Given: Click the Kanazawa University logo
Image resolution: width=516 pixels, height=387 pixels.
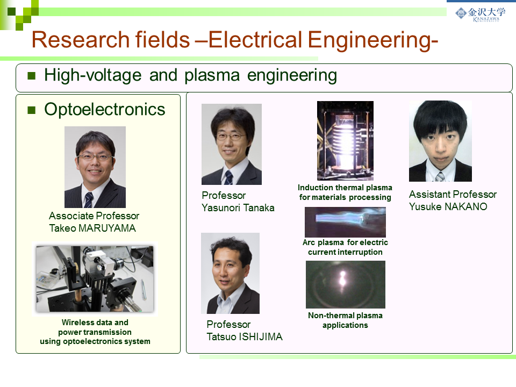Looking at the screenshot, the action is pyautogui.click(x=480, y=14).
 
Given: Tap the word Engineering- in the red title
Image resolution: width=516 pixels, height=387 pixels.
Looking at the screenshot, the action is pyautogui.click(x=372, y=40).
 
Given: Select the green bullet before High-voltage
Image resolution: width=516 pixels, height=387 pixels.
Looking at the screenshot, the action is pyautogui.click(x=32, y=76).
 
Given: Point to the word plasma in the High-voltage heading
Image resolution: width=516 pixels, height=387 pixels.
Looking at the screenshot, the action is pyautogui.click(x=212, y=75).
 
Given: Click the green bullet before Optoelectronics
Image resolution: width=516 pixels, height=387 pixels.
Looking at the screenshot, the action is pyautogui.click(x=32, y=110).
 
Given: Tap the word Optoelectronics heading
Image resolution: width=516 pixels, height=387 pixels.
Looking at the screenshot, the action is pyautogui.click(x=105, y=110).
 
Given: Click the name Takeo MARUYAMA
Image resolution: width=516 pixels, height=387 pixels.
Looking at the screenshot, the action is pyautogui.click(x=92, y=228).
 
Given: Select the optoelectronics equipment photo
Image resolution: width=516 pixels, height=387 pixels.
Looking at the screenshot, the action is pyautogui.click(x=95, y=279).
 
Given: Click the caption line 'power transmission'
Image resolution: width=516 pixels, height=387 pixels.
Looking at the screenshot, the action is pyautogui.click(x=95, y=332).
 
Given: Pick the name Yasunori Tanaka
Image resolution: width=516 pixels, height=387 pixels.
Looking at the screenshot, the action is pyautogui.click(x=238, y=208).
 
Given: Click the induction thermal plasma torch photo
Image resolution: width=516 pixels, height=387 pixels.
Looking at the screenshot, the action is pyautogui.click(x=345, y=140).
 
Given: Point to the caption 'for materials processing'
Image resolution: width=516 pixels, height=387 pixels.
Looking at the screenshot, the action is pyautogui.click(x=345, y=197).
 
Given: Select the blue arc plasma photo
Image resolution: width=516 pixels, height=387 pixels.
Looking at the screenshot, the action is pyautogui.click(x=345, y=222).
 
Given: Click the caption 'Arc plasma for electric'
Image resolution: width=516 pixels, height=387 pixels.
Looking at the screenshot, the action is pyautogui.click(x=345, y=242).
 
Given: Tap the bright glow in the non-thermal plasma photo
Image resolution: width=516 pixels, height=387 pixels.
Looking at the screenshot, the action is pyautogui.click(x=342, y=279).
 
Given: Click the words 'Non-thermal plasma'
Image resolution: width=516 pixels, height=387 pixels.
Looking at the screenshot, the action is pyautogui.click(x=345, y=316).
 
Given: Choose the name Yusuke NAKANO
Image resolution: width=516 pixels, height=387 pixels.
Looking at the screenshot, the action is pyautogui.click(x=448, y=206).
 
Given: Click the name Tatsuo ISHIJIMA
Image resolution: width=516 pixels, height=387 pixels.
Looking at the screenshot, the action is pyautogui.click(x=245, y=336).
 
